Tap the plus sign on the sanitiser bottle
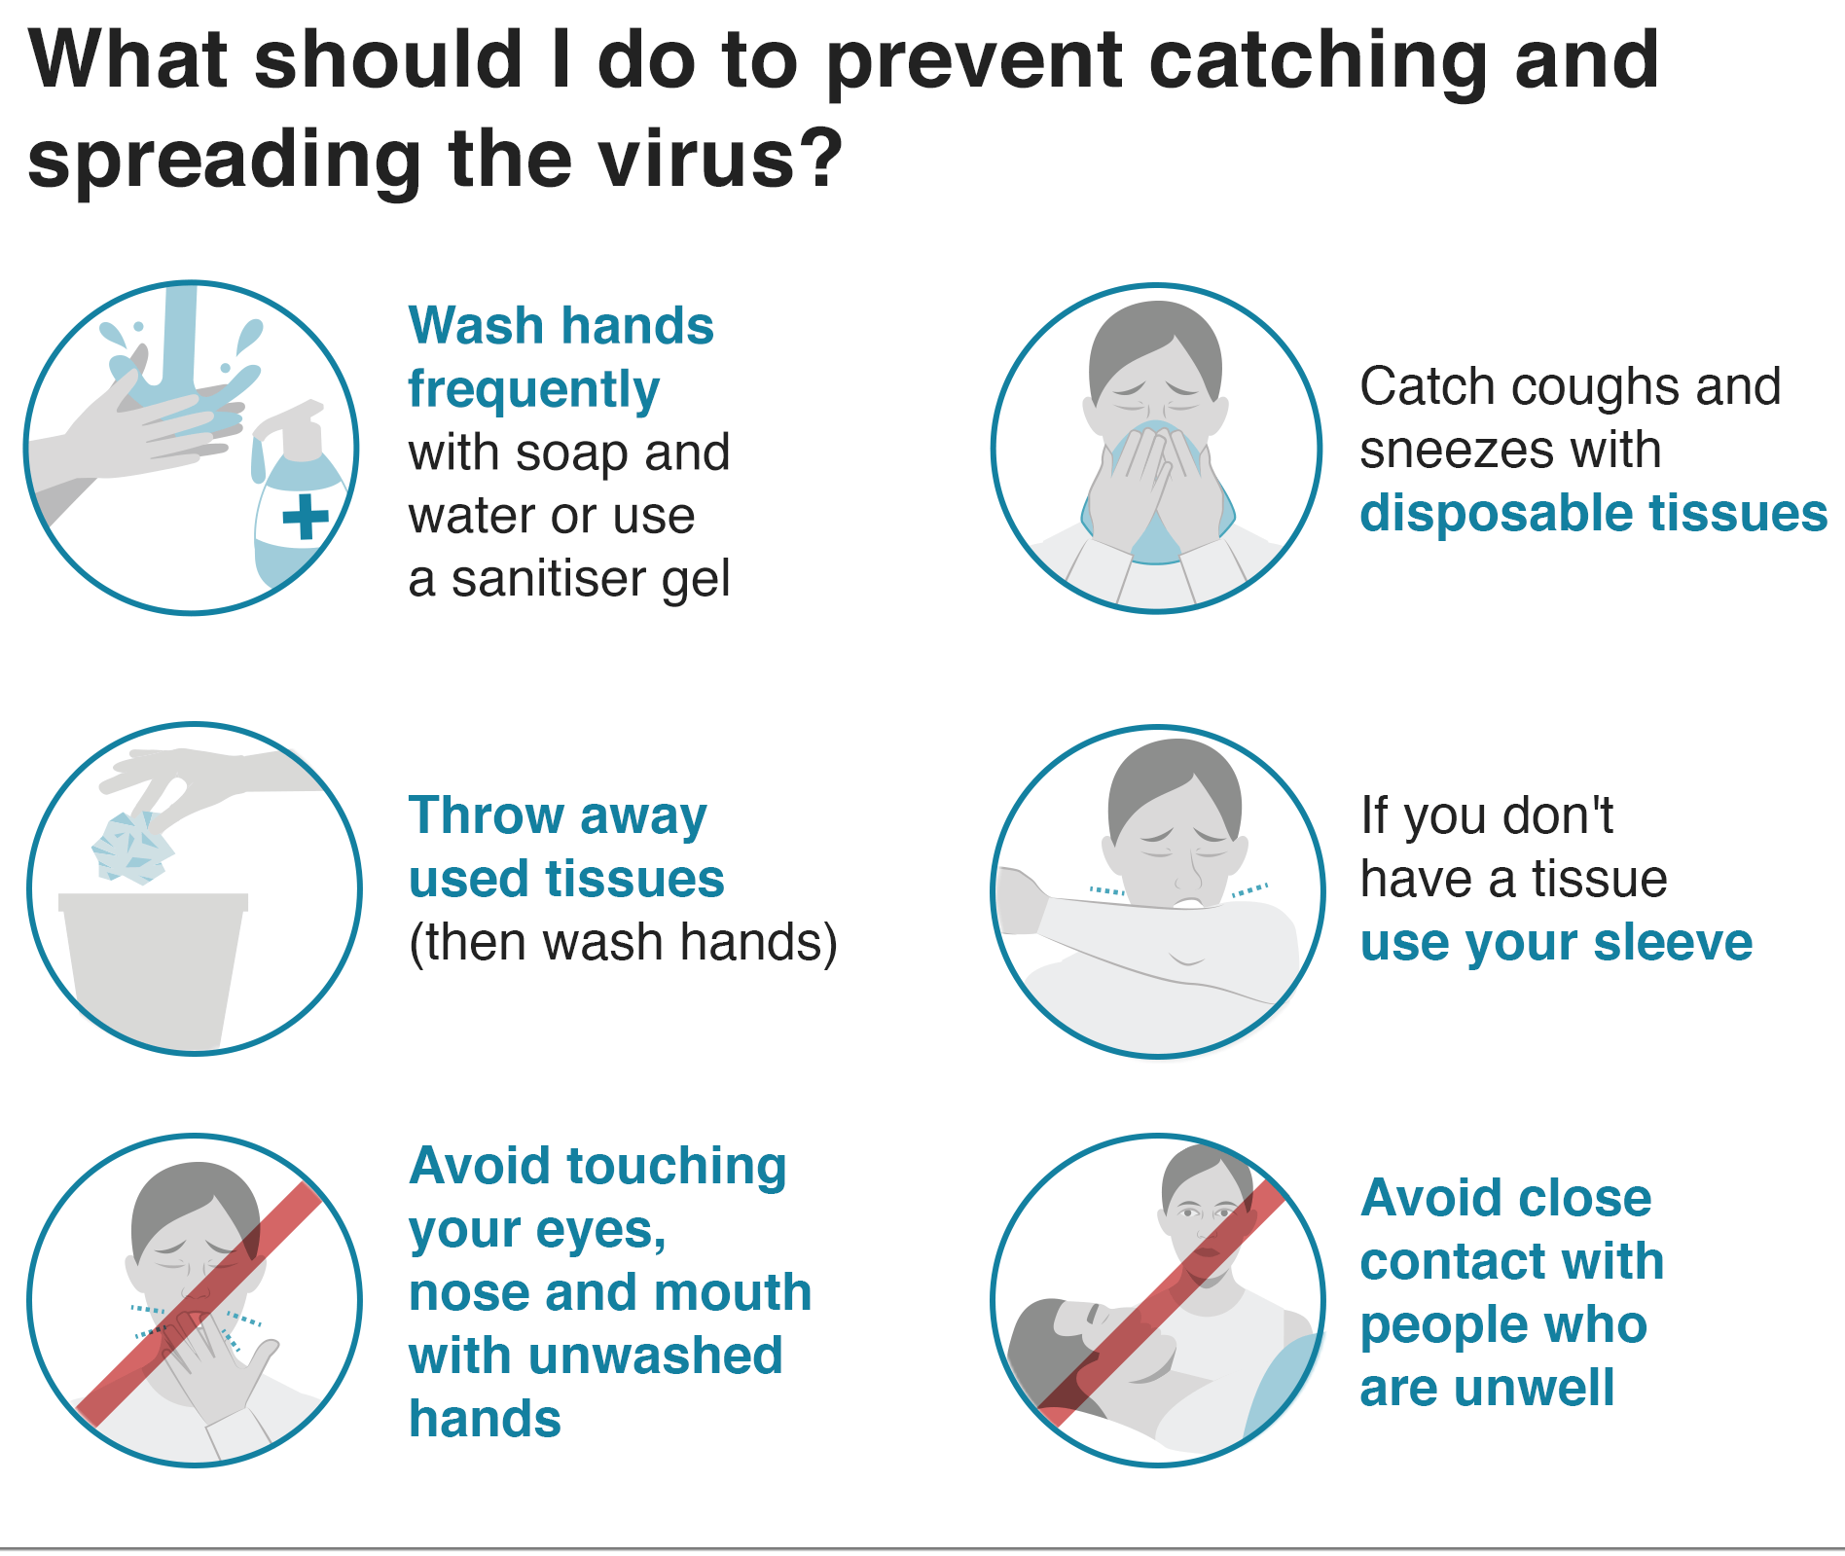pyautogui.click(x=306, y=516)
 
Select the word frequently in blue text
pyautogui.click(x=533, y=389)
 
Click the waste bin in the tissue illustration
pyautogui.click(x=153, y=963)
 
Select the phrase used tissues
pyautogui.click(x=566, y=879)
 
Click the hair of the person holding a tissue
pyautogui.click(x=1155, y=336)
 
